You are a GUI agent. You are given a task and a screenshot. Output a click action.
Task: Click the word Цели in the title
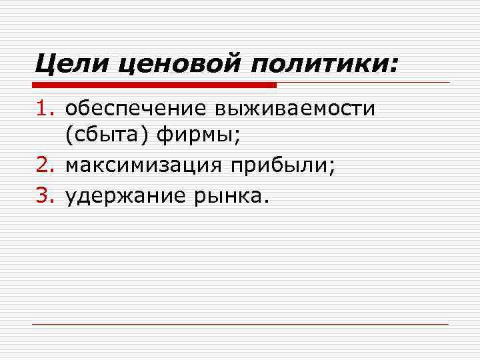click(69, 65)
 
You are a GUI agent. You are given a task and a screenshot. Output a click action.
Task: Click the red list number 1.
click(43, 109)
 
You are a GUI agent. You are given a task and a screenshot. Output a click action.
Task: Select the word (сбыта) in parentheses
click(107, 137)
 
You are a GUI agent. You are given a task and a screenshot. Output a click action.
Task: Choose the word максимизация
click(143, 166)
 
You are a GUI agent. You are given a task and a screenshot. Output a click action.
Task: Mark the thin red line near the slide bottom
click(240, 325)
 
